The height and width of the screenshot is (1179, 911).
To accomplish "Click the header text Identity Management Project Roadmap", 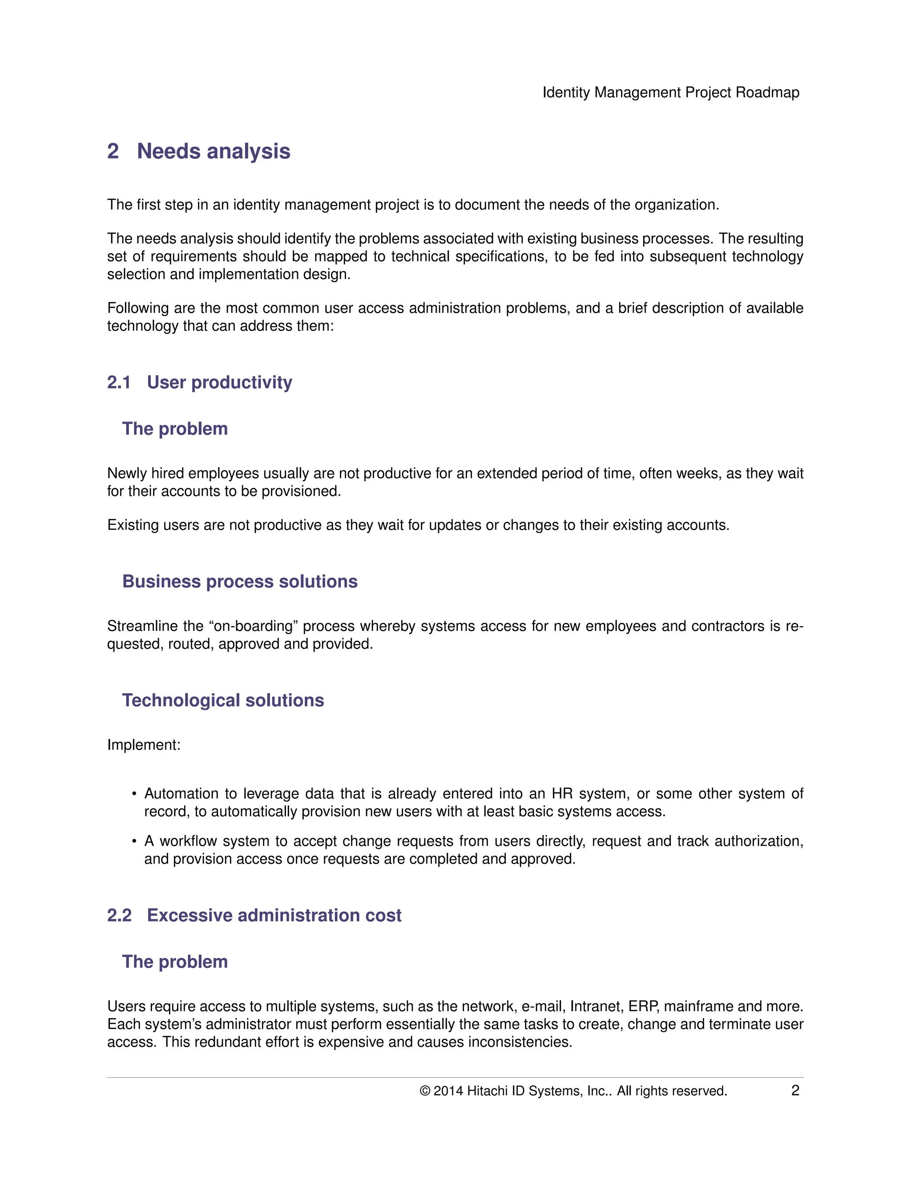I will point(670,92).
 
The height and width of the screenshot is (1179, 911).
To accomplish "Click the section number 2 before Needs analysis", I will point(113,151).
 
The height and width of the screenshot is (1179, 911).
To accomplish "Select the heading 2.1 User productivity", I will point(199,382).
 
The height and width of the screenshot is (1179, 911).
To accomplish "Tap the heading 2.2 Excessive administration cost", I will point(254,915).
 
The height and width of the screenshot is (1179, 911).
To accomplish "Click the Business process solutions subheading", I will point(240,581).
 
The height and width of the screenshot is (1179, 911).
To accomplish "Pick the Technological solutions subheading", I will point(223,700).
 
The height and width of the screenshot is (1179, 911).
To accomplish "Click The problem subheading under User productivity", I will point(175,428).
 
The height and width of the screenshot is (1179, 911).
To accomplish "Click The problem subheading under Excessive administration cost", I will point(175,961).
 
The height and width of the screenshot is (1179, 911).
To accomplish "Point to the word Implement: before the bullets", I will point(144,745).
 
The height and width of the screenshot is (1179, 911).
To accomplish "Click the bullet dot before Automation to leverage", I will point(134,794).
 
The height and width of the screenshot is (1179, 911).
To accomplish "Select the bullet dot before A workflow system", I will point(134,842).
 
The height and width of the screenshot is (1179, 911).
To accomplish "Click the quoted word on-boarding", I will point(253,626).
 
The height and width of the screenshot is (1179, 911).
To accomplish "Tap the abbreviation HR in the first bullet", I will point(561,794).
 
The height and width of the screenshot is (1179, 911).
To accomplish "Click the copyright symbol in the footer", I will point(425,1091).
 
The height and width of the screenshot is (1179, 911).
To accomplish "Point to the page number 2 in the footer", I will point(795,1090).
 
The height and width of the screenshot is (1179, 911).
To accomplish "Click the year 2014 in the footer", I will point(448,1091).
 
